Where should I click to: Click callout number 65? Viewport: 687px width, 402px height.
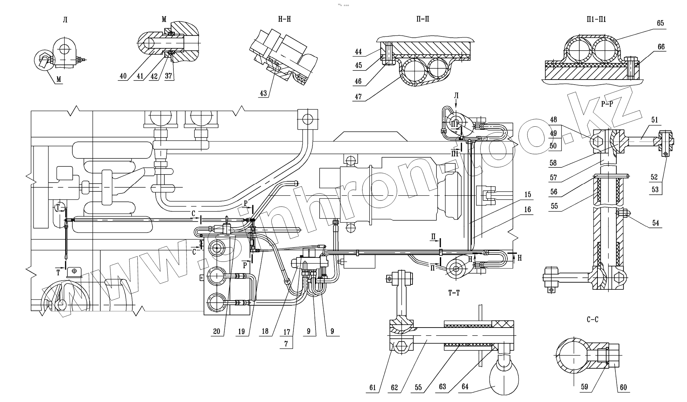coord(660,23)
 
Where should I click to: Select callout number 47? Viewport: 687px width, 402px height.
coord(358,97)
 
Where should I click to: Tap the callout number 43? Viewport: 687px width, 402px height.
coord(263,93)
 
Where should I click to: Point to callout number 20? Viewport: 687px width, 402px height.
coord(217,331)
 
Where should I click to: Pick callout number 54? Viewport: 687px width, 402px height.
coord(655,223)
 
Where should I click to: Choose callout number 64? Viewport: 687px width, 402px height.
coord(465,387)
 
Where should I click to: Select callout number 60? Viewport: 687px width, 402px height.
coord(623,388)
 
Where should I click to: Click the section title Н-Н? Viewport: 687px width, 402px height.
coord(284,19)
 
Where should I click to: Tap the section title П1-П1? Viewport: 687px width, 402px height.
coord(596,19)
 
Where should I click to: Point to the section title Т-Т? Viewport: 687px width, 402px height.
coord(454,293)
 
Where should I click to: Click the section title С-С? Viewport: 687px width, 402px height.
coord(592,319)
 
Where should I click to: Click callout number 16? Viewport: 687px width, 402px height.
coord(527,210)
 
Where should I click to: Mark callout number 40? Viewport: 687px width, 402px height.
coord(123,76)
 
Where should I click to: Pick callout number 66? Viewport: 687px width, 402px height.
coord(661,47)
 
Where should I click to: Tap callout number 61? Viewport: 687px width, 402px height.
coord(372,388)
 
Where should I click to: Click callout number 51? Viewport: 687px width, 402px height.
coord(655,120)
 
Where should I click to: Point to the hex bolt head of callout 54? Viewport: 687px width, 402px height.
coord(622,214)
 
